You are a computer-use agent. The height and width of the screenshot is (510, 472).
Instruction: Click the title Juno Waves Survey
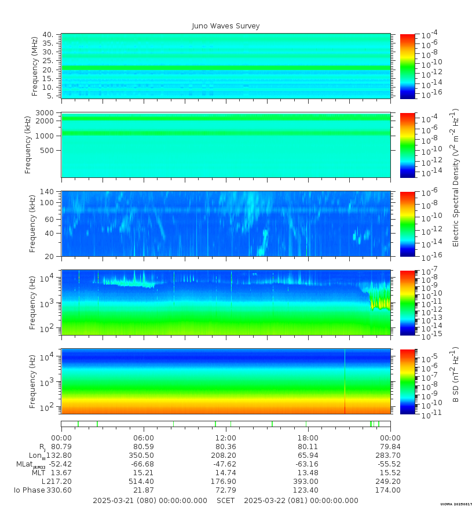(226, 26)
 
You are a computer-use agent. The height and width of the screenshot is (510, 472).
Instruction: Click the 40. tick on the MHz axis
(48, 35)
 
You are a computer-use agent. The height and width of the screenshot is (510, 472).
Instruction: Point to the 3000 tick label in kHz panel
(45, 112)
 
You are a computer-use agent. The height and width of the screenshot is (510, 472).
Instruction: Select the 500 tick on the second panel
(47, 150)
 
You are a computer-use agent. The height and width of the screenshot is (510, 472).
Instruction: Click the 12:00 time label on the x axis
(225, 438)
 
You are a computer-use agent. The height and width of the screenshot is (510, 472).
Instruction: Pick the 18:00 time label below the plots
(308, 438)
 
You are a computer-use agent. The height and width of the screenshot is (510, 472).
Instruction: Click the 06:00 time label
(143, 438)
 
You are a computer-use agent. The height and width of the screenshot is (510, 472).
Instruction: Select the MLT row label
(38, 473)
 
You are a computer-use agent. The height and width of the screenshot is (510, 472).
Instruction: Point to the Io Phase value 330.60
(61, 490)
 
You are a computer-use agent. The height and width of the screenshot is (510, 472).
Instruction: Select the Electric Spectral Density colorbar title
(456, 177)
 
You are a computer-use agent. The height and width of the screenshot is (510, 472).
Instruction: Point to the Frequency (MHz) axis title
(34, 65)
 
